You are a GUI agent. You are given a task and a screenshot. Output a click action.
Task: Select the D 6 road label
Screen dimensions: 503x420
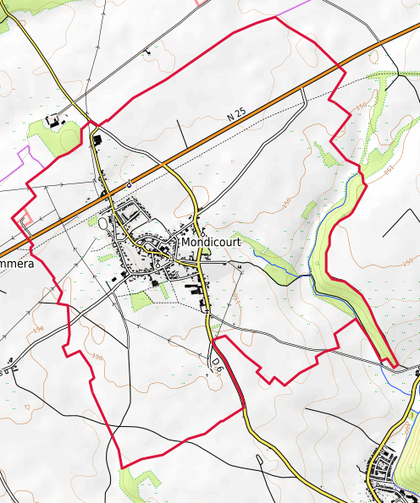click(218, 364)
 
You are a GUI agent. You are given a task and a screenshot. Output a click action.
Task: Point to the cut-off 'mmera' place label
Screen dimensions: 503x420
click(15, 265)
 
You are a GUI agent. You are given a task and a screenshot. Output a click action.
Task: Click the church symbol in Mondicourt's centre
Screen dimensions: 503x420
click(157, 265)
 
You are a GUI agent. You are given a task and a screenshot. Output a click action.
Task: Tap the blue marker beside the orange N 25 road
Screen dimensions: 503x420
click(129, 183)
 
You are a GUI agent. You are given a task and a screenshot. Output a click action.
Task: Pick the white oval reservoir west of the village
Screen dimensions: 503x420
click(103, 224)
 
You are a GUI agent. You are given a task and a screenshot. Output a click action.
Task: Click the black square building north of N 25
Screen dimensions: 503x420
click(96, 139)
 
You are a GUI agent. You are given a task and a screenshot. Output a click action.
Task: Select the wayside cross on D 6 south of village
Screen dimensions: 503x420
click(206, 311)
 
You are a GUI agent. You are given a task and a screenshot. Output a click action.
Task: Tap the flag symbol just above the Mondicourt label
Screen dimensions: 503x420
click(203, 229)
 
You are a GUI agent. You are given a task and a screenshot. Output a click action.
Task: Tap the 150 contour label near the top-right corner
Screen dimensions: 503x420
click(362, 106)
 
